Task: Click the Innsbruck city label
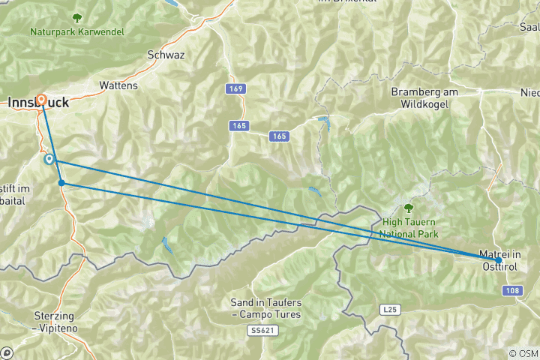pyautogui.click(x=37, y=104)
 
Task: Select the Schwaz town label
pyautogui.click(x=166, y=55)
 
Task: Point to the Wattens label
pyautogui.click(x=118, y=85)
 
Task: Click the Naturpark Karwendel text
pyautogui.click(x=77, y=32)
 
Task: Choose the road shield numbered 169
pyautogui.click(x=236, y=88)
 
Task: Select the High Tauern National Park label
pyautogui.click(x=409, y=227)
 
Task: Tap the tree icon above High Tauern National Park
pyautogui.click(x=409, y=208)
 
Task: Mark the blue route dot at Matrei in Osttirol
pyautogui.click(x=499, y=259)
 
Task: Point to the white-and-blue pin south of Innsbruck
pyautogui.click(x=49, y=159)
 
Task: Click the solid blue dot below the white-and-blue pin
pyautogui.click(x=61, y=182)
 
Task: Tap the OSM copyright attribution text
pyautogui.click(x=523, y=353)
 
